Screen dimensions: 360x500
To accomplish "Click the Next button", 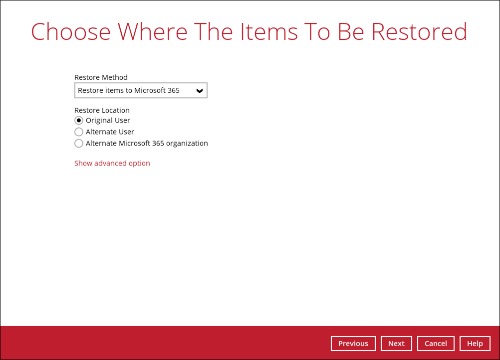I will [396, 344].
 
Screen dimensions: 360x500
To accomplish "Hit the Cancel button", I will [436, 344].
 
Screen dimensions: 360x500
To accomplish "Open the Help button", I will [475, 344].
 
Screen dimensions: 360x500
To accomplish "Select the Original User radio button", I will [79, 120].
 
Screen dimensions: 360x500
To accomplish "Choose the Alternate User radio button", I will [79, 132].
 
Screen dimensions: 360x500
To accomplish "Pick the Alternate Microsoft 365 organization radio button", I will [79, 143].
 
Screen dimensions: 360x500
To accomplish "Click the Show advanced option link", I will [112, 163].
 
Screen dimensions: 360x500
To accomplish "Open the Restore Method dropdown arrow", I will [200, 91].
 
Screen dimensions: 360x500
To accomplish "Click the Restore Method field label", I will [101, 77].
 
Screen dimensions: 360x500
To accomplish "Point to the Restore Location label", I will [102, 110].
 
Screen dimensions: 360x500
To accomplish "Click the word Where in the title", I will [152, 31].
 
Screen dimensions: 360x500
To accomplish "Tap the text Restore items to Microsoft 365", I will [129, 90].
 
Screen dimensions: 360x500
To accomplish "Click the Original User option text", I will [108, 120].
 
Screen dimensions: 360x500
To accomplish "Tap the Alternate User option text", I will [110, 132].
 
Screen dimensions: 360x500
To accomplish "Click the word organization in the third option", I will [185, 143].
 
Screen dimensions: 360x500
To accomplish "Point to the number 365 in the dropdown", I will [173, 90].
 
